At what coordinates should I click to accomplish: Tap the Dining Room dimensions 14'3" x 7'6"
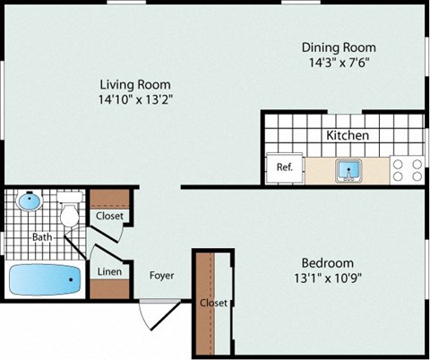tap(338, 64)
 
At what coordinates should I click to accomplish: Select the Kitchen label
tap(348, 135)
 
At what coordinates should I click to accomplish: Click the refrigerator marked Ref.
tap(285, 167)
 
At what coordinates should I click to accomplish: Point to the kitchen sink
tap(348, 168)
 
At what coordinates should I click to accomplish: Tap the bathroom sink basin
tap(30, 201)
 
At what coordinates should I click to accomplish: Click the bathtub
tap(45, 280)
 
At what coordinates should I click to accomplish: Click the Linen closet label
tap(109, 271)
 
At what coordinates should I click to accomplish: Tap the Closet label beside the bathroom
tap(109, 216)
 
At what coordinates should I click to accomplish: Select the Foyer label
tap(162, 275)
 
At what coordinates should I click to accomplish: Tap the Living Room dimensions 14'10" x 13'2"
tap(134, 100)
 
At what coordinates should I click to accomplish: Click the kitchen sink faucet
tap(348, 176)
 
